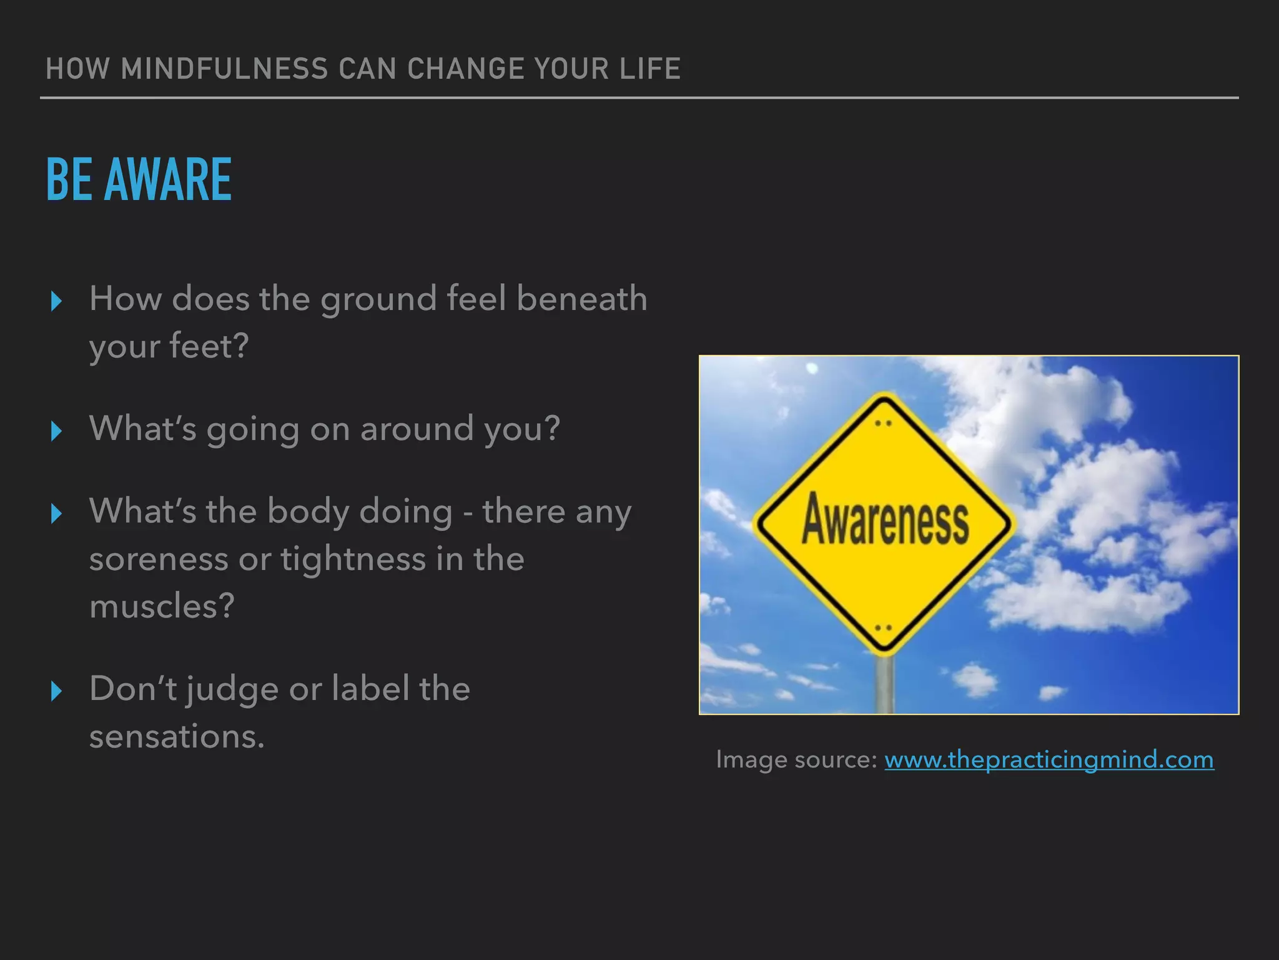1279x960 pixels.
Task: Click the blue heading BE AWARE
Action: tap(139, 180)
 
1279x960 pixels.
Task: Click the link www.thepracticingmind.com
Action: tap(1049, 760)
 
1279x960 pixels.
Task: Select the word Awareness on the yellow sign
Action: tap(886, 519)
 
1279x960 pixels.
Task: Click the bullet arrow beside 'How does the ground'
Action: tap(56, 301)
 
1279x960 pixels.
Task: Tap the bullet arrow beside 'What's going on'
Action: tap(56, 431)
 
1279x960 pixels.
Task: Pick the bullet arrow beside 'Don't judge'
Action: tap(56, 691)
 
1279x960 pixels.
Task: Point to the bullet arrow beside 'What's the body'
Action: tap(56, 514)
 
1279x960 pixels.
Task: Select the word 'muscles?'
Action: tap(162, 606)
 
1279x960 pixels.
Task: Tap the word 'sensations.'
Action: tap(177, 736)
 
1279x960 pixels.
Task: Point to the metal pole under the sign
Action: tap(884, 684)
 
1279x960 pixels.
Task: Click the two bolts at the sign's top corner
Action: tap(883, 423)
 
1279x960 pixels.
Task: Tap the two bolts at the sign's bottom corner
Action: tap(883, 627)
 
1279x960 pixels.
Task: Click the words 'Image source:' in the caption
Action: tap(797, 760)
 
